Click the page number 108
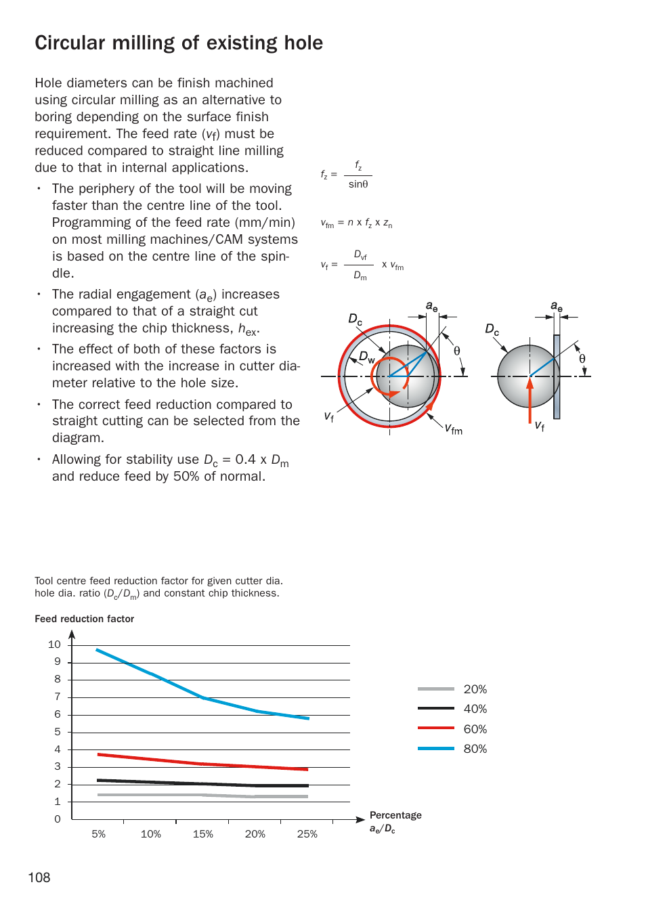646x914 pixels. point(39,877)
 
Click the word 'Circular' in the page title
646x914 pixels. point(70,43)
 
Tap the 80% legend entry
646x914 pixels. point(475,749)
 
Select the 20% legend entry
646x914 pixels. point(475,689)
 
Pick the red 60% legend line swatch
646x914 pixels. point(435,728)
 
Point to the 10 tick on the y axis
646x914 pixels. point(54,645)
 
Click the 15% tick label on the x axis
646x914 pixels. point(202,834)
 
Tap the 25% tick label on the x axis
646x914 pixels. point(307,834)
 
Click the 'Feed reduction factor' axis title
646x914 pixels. point(84,619)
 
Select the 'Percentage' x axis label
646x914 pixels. point(395,815)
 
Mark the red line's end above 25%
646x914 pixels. point(307,769)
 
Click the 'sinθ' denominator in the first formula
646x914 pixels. point(358,184)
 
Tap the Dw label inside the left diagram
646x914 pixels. point(366,357)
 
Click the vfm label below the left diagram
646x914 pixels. point(453,429)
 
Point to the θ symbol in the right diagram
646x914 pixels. point(582,359)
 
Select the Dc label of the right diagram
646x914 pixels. point(492,330)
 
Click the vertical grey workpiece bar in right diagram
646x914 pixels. point(557,379)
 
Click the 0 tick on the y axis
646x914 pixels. point(58,819)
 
